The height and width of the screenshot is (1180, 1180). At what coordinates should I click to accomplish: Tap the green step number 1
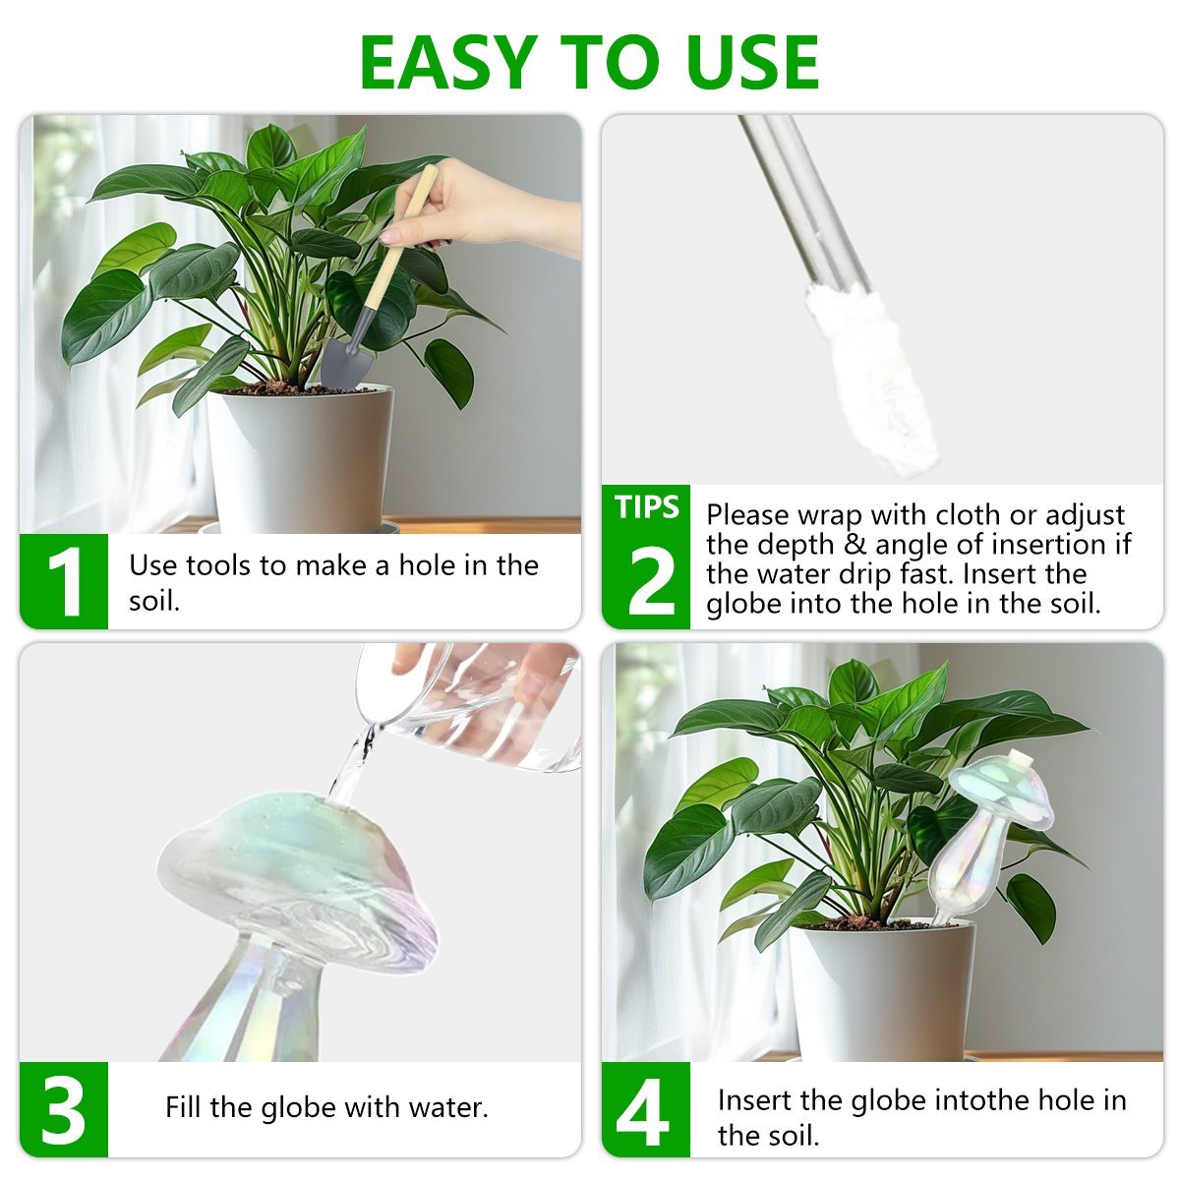tap(65, 581)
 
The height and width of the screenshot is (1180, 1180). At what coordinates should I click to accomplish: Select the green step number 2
tap(650, 580)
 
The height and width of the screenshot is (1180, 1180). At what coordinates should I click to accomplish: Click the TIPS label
tap(647, 506)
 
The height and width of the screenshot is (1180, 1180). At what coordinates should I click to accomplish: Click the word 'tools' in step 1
tap(218, 565)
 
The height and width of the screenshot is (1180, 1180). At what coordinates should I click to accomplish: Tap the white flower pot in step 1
tap(300, 459)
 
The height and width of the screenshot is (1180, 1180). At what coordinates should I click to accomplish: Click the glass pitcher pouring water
tap(473, 704)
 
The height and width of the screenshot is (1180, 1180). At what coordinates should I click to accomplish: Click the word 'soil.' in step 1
tap(154, 601)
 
